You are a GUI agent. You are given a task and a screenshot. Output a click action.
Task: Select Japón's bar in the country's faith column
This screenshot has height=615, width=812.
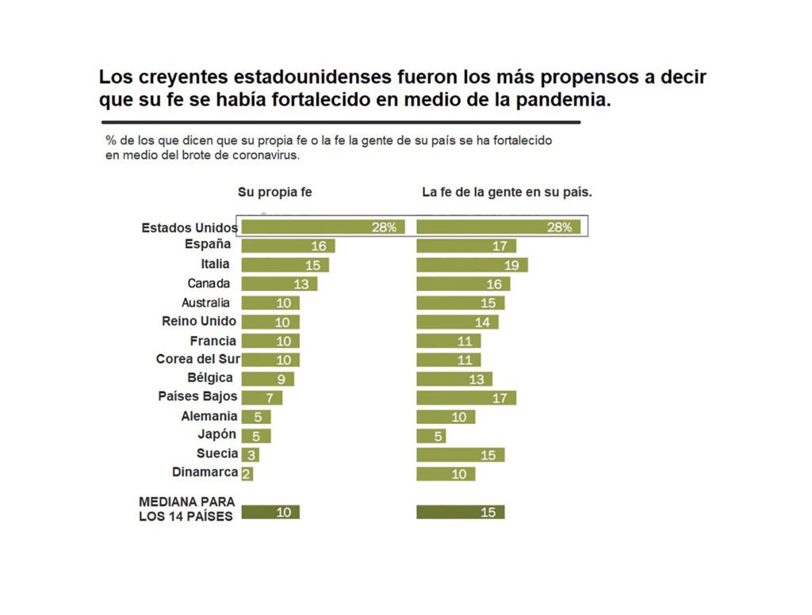[x=431, y=436]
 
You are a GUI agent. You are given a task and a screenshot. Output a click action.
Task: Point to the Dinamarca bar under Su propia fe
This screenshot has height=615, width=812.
[x=247, y=474]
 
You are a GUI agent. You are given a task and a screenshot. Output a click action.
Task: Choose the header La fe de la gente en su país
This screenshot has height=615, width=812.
[x=507, y=193]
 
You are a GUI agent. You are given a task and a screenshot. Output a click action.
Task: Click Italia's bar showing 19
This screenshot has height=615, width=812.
[x=472, y=265]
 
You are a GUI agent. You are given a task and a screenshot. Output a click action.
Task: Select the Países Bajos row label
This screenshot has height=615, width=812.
[x=198, y=397]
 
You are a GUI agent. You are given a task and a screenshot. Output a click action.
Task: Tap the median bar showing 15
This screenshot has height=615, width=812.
[x=460, y=512]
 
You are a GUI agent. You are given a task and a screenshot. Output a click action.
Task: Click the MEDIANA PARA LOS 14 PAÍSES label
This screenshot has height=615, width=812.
[x=186, y=510]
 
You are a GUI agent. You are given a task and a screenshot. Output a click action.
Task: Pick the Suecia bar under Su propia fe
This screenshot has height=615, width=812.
[x=250, y=455]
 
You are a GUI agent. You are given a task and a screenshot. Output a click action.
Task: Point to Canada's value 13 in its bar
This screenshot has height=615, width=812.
[x=302, y=284]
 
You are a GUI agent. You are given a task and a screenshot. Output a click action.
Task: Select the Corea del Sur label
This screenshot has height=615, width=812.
[x=197, y=359]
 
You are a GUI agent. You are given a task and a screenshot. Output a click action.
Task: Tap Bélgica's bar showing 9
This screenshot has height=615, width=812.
[x=267, y=379]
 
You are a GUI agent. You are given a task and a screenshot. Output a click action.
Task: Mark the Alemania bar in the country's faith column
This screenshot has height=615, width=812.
[x=446, y=417]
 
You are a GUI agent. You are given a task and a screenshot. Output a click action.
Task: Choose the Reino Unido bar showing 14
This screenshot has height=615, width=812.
[x=458, y=322]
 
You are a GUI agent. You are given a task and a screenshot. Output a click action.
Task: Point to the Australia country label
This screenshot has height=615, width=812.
[x=205, y=303]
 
